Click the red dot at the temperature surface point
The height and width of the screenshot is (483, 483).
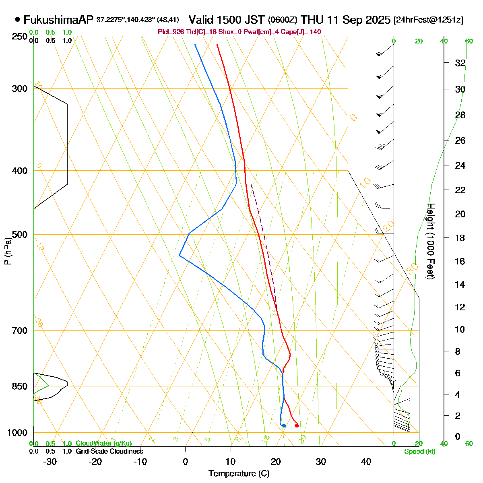(297, 425)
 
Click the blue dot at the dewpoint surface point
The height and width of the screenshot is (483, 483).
(284, 425)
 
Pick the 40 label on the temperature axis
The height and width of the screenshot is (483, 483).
(366, 462)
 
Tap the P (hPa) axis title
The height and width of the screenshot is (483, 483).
(8, 251)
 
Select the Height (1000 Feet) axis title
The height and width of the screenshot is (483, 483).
(430, 242)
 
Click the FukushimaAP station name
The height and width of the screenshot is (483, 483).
(58, 20)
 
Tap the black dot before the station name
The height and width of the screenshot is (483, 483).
(17, 19)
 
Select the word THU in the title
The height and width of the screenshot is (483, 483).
(316, 20)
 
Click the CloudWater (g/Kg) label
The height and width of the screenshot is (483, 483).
(103, 444)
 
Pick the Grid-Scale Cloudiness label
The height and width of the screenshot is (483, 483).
(109, 451)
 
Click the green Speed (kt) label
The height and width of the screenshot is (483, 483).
(420, 451)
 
